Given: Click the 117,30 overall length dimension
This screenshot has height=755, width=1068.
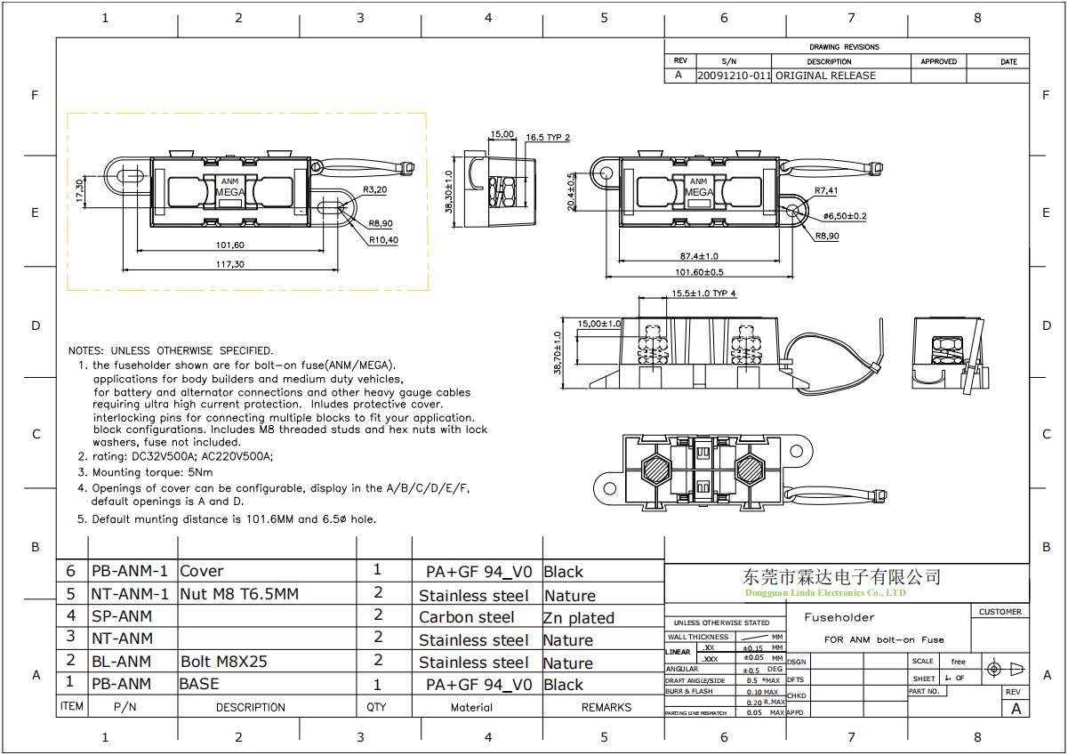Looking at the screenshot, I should click(x=229, y=264).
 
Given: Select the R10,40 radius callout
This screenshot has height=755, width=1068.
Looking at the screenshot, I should click(x=384, y=240).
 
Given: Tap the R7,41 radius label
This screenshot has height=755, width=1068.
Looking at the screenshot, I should click(x=826, y=190).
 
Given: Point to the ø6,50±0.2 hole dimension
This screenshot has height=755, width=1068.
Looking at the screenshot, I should click(x=845, y=216).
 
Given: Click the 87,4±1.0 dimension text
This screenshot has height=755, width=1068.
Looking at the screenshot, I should click(x=700, y=256).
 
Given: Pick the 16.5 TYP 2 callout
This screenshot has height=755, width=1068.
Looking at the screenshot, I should click(x=547, y=138).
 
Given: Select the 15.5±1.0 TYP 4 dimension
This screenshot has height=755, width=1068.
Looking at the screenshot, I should click(x=703, y=293).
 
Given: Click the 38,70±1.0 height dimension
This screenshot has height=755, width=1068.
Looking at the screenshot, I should click(x=558, y=353).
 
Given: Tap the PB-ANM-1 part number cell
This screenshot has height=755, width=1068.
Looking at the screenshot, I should click(x=130, y=571).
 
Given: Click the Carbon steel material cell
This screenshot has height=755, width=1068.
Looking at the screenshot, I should click(x=467, y=617).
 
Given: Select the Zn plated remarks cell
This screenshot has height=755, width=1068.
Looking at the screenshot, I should click(x=578, y=618).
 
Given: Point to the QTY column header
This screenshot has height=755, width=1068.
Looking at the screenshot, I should click(x=376, y=708).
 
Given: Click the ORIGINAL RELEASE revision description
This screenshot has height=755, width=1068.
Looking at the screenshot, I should click(x=825, y=76).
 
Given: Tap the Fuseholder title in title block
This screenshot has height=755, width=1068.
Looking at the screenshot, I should click(x=839, y=617).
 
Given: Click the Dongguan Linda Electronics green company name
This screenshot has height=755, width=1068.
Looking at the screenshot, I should click(x=825, y=592).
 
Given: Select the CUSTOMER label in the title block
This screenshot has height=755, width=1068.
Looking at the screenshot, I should click(x=1000, y=612).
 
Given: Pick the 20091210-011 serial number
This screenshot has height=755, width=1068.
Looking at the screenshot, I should click(x=734, y=76).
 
